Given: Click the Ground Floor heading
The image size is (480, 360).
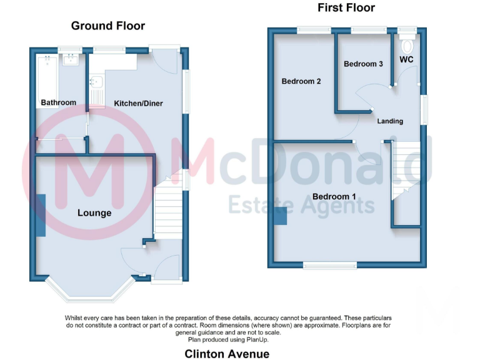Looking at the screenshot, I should pos(107,26).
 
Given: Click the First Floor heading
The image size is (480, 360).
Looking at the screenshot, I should pos(346,7).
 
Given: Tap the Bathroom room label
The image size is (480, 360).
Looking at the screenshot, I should pos(58,102).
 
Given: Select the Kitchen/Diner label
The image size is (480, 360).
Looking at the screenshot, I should pos(138,103).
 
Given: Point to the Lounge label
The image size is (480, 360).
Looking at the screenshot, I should pos(94,213).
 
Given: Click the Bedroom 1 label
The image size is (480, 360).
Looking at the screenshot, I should pos(334,197).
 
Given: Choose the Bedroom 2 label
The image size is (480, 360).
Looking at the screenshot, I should pos(301,81).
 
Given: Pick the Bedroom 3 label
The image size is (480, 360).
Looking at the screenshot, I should pos(363,64).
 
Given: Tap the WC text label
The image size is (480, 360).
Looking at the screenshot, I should pos(406,60).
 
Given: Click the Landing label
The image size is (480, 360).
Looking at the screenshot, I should pos(390,121).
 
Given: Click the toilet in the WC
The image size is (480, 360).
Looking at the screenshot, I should pos(408,46).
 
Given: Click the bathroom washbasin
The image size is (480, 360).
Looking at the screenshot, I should pos(69,60).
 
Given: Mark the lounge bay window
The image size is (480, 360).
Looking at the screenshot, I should pos(89,291).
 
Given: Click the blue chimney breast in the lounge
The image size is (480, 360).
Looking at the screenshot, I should pos(41,215).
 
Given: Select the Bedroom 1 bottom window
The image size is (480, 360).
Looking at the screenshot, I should pos(331,265).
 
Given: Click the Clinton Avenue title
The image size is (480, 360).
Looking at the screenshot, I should pos(227,354).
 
